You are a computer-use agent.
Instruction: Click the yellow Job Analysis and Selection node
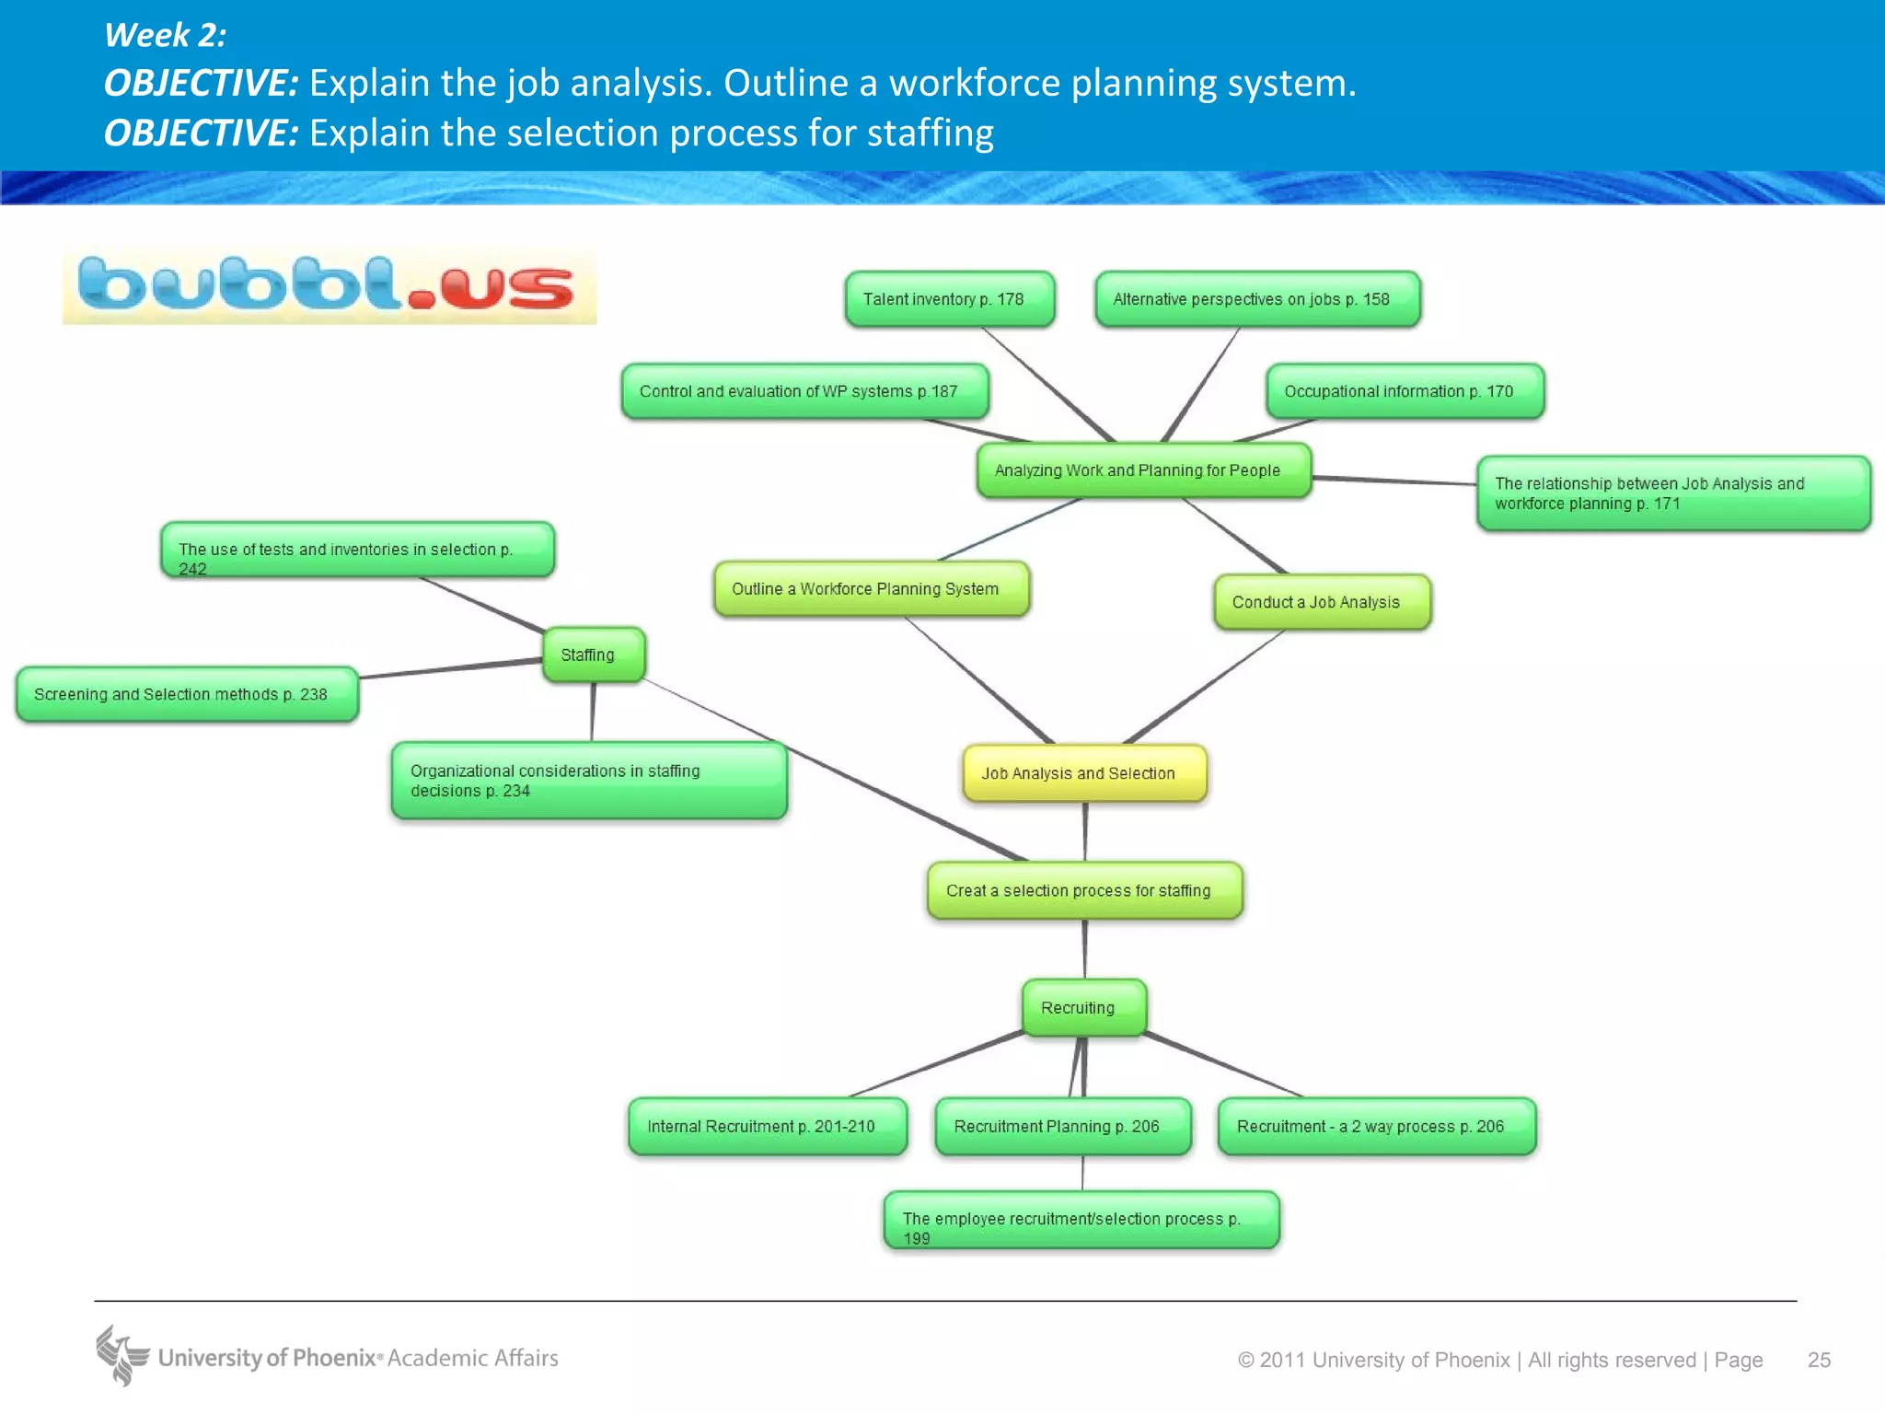1084,773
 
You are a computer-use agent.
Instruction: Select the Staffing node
594,655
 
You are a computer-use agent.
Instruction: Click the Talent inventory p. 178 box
949,299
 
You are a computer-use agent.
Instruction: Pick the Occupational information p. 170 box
1405,391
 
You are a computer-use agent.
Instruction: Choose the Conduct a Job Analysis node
1322,602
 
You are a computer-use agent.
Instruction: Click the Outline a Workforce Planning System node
871,589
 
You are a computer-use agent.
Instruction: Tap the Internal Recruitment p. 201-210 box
767,1126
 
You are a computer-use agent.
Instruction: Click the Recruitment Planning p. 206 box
1062,1126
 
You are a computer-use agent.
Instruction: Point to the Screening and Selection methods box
187,694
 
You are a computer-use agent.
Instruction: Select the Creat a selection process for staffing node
1084,890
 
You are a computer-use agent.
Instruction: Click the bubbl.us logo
329,286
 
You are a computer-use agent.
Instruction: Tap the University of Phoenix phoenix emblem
121,1355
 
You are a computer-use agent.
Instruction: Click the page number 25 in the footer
1819,1360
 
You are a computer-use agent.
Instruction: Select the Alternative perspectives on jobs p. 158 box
1257,299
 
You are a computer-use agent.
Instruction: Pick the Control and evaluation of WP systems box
804,391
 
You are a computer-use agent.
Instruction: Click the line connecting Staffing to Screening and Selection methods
451,669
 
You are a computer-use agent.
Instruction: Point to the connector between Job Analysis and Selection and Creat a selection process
1085,832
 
